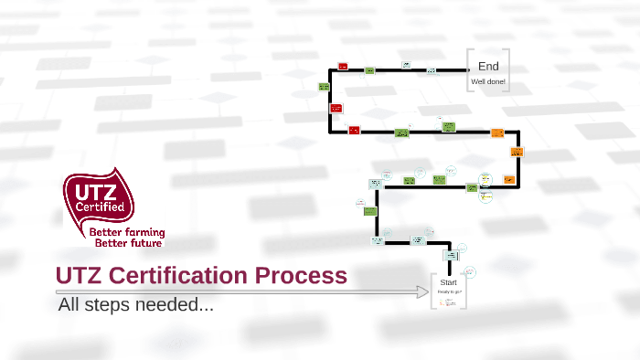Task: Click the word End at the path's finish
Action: click(488, 66)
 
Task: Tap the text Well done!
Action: click(488, 82)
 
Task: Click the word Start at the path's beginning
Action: click(449, 282)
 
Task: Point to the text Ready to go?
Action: click(449, 292)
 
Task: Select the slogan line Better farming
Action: click(129, 234)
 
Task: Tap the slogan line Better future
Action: click(129, 244)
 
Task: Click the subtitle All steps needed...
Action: click(136, 304)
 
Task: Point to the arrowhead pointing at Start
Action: click(423, 292)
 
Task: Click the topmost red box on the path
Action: click(343, 67)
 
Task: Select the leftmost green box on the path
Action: click(324, 87)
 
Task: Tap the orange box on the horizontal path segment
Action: click(497, 133)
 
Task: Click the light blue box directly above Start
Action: click(449, 256)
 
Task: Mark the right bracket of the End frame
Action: click(507, 69)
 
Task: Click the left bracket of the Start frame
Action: click(432, 291)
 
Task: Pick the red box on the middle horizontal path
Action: click(354, 131)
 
